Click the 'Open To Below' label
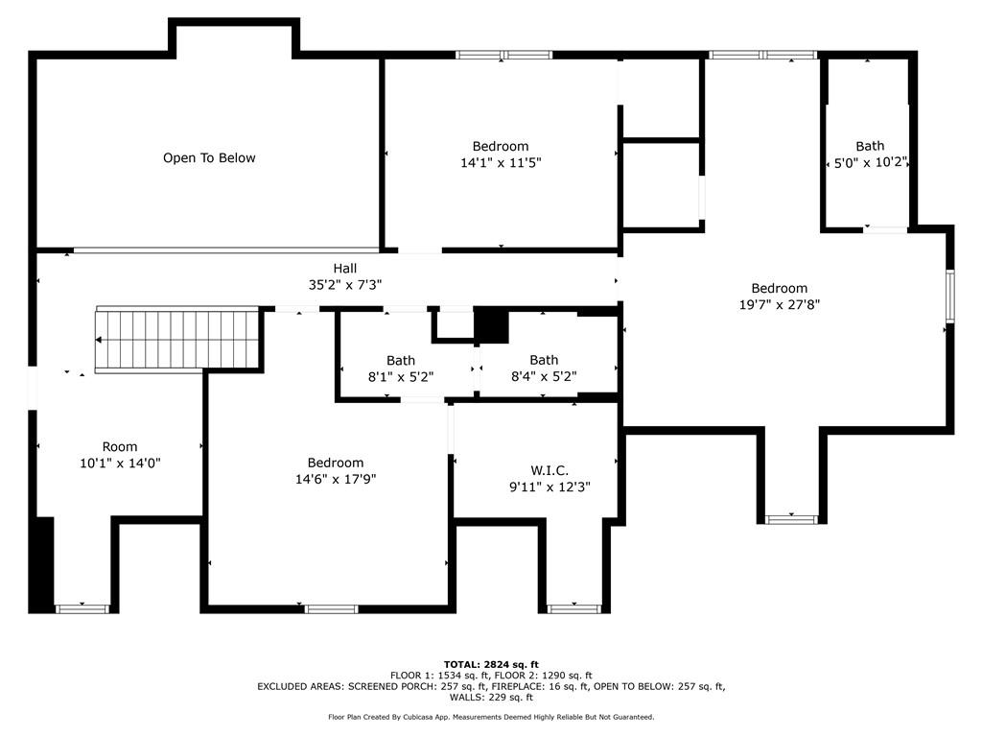coord(209,158)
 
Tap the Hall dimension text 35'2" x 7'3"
coord(345,284)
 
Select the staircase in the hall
coord(177,340)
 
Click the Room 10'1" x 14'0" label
coord(120,455)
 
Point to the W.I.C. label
coord(549,470)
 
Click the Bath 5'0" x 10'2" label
coord(871,155)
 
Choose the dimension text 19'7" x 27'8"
coord(780,304)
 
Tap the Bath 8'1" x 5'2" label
coord(401,368)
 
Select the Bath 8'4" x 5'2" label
coord(544,368)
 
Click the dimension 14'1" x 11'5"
coord(501,163)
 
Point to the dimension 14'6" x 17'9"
coord(336,480)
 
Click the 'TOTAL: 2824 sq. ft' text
coord(491,664)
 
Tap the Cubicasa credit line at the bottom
coord(491,717)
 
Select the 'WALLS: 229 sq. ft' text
coord(491,697)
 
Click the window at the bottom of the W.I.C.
coord(574,608)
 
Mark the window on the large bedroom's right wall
coord(950,296)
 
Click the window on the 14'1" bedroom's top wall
coord(504,55)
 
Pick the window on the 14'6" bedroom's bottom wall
coord(331,609)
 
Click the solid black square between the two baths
coord(491,326)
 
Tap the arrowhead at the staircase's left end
coord(99,340)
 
